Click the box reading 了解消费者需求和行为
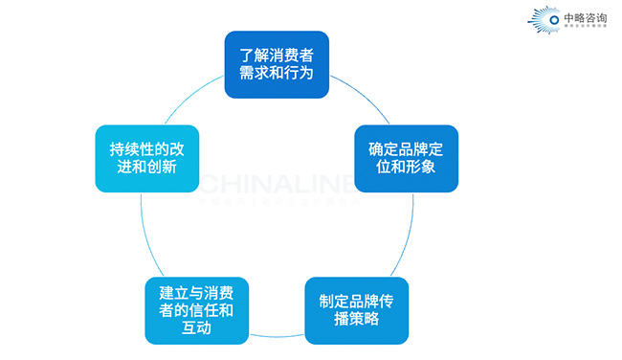pos(277,65)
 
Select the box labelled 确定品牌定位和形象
pos(407,158)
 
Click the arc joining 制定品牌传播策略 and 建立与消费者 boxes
pos(277,336)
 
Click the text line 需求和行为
pos(277,75)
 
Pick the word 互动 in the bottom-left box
pos(197,329)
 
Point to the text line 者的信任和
pos(197,310)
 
